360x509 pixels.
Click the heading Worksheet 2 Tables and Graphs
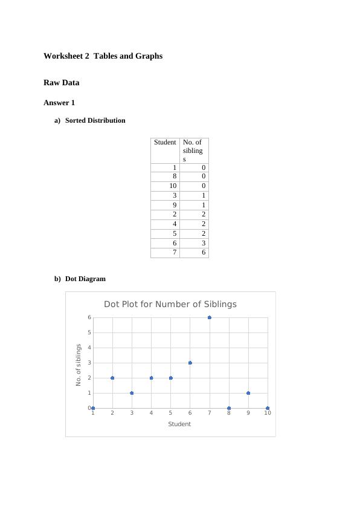coord(103,56)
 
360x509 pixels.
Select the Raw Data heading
coord(61,82)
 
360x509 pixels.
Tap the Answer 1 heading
coord(59,103)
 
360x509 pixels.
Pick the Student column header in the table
coord(165,142)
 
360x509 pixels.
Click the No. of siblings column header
coord(193,151)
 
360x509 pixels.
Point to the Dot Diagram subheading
coord(85,279)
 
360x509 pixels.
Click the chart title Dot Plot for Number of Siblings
coord(170,304)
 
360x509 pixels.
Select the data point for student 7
coord(210,317)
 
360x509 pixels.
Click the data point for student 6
coord(190,363)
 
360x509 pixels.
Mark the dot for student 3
coord(132,393)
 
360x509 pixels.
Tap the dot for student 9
coord(248,393)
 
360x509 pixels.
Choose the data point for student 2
coord(112,378)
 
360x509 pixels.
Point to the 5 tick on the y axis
coord(89,332)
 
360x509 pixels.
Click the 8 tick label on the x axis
coord(229,413)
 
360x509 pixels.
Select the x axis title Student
coord(179,424)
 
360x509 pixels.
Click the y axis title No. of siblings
coord(79,365)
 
